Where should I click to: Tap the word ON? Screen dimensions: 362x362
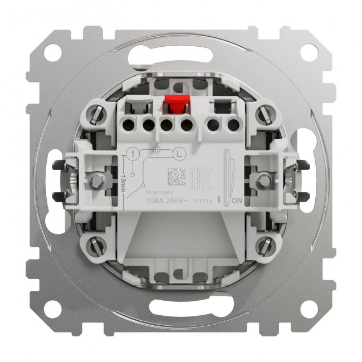(236, 200)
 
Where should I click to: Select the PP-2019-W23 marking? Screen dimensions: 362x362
(155, 192)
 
